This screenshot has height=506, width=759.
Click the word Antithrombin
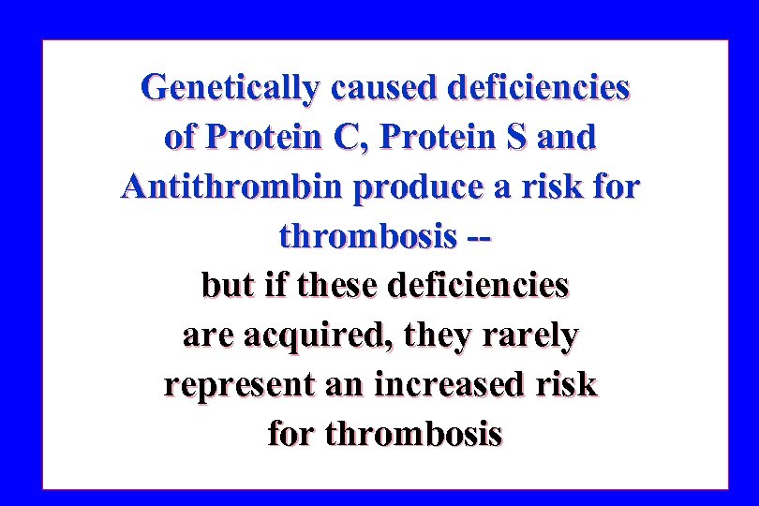(x=232, y=186)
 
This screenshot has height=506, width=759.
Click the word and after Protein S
(x=568, y=137)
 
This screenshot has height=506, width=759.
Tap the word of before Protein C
(x=181, y=137)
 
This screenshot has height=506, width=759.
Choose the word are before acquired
(x=208, y=335)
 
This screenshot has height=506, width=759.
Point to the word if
(x=275, y=285)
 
